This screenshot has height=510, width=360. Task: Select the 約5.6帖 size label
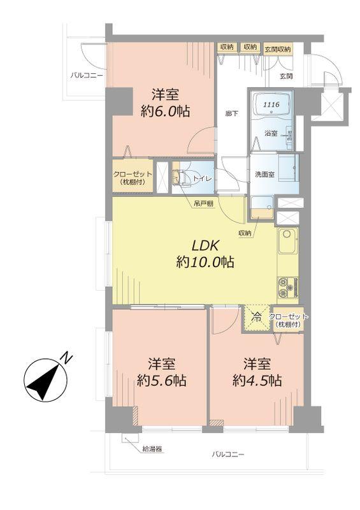click(163, 381)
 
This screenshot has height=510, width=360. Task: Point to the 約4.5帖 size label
click(257, 381)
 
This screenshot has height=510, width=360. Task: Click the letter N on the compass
click(66, 360)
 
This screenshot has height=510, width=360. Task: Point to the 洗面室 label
click(265, 175)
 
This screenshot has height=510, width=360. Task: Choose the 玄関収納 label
click(278, 48)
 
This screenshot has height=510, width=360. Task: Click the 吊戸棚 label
click(203, 204)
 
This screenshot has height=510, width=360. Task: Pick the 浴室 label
click(271, 133)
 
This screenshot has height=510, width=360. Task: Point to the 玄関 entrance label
click(286, 76)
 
